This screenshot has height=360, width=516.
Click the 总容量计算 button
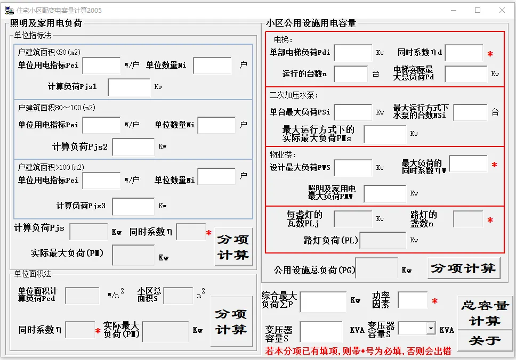click(x=485, y=313)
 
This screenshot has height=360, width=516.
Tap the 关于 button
click(x=485, y=341)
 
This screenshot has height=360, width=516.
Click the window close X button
click(x=502, y=10)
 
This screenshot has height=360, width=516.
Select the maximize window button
click(x=478, y=10)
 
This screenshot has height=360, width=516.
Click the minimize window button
click(x=454, y=10)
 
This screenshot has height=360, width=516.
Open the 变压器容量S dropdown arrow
click(x=431, y=328)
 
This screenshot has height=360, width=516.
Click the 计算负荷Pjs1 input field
click(x=129, y=87)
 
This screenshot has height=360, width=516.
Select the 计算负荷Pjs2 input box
click(x=133, y=146)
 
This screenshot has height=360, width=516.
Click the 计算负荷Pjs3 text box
click(x=133, y=207)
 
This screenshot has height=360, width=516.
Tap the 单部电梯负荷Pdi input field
click(x=353, y=53)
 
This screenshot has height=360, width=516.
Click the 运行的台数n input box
click(x=351, y=74)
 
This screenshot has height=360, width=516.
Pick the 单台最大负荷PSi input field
click(x=353, y=112)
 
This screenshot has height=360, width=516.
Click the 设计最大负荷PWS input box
click(x=353, y=168)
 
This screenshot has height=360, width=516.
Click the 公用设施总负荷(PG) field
click(x=376, y=268)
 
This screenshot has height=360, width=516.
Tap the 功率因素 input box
click(x=413, y=300)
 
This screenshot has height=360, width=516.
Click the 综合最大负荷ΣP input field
click(x=323, y=301)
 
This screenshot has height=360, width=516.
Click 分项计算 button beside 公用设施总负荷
click(x=464, y=268)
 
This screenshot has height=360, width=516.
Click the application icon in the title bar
click(x=9, y=10)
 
